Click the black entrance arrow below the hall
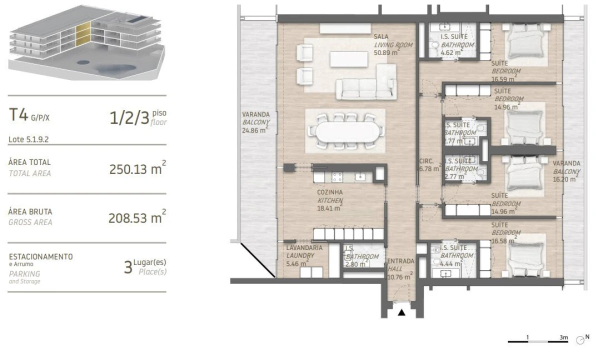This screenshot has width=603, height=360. [401, 313]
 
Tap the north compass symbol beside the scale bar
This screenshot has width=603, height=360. [580, 339]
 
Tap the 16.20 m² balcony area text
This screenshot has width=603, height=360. [565, 178]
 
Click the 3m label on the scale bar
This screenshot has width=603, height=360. [563, 338]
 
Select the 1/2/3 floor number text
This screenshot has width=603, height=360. [129, 118]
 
